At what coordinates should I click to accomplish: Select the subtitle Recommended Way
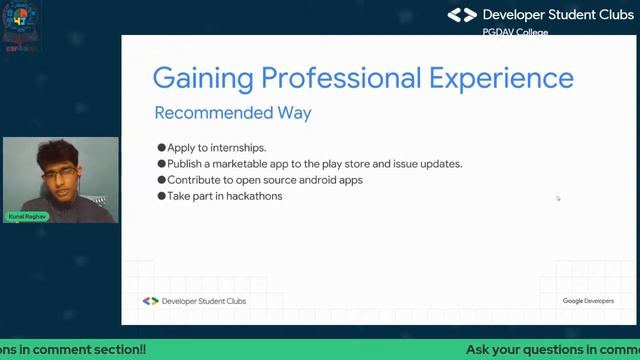pyautogui.click(x=232, y=113)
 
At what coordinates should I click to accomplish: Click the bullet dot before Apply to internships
pyautogui.click(x=161, y=148)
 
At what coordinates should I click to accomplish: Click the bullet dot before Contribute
pyautogui.click(x=161, y=180)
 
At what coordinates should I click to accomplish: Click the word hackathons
pyautogui.click(x=254, y=196)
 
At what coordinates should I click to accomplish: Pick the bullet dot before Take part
pyautogui.click(x=161, y=196)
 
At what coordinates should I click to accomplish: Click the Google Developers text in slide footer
pyautogui.click(x=588, y=301)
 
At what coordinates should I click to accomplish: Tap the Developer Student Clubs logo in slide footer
pyautogui.click(x=150, y=301)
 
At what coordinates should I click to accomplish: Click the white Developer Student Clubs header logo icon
pyautogui.click(x=462, y=15)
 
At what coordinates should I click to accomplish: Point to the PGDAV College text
pyautogui.click(x=515, y=32)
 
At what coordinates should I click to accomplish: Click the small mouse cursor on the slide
pyautogui.click(x=558, y=198)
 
